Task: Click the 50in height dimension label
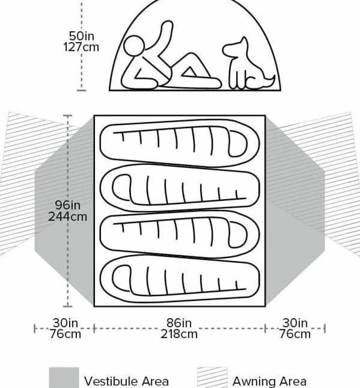[x=82, y=36]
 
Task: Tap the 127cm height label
[x=81, y=47]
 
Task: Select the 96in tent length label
[x=68, y=205]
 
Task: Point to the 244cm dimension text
[x=68, y=216]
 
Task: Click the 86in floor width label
[x=179, y=323]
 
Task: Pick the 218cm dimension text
[x=179, y=334]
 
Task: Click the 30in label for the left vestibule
[x=65, y=323]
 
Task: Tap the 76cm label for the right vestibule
[x=295, y=334]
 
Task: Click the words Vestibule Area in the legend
[x=126, y=381]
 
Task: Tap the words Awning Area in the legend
[x=269, y=381]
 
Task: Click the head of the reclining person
[x=134, y=46]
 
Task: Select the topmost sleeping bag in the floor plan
[x=180, y=143]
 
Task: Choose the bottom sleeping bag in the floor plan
[x=180, y=278]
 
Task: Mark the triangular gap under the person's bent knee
[x=190, y=72]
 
